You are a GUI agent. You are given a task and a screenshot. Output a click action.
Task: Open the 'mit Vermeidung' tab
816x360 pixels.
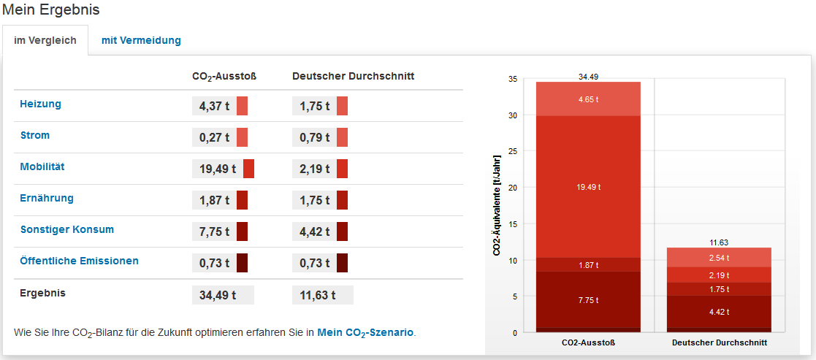(141, 40)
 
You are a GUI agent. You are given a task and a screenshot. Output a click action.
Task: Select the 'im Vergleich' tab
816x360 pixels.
(45, 40)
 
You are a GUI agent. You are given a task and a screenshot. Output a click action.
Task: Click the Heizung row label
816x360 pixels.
(41, 104)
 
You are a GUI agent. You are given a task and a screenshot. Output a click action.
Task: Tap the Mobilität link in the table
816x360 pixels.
(42, 167)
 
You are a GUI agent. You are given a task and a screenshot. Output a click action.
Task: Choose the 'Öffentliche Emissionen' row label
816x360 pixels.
(80, 261)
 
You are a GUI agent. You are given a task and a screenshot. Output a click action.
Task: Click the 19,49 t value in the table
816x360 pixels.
(218, 169)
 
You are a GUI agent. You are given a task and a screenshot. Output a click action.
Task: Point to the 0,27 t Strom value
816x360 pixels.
(214, 137)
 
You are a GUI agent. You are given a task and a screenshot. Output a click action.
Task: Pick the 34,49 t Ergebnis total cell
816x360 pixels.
(218, 295)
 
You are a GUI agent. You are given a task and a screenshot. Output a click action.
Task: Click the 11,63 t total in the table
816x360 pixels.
(317, 295)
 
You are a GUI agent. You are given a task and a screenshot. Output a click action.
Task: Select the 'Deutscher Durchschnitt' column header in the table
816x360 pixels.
(354, 76)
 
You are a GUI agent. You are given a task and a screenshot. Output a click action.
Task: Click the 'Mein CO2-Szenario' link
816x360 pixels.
(365, 332)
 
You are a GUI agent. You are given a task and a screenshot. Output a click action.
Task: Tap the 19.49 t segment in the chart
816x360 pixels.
(588, 187)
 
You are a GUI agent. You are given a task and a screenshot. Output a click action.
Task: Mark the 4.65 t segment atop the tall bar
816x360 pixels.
(588, 99)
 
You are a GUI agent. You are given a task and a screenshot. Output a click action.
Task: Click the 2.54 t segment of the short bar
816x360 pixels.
(719, 258)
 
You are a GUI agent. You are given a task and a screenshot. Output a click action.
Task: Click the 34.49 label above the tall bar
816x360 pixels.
(588, 76)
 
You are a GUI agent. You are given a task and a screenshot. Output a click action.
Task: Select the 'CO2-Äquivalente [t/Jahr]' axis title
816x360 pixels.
(497, 205)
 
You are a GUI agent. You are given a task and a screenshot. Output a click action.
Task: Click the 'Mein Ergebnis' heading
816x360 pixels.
(51, 10)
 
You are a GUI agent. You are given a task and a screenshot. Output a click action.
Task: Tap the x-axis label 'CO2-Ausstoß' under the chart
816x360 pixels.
(588, 342)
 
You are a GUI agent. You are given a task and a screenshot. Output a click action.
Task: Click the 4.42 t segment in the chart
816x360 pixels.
(719, 312)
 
